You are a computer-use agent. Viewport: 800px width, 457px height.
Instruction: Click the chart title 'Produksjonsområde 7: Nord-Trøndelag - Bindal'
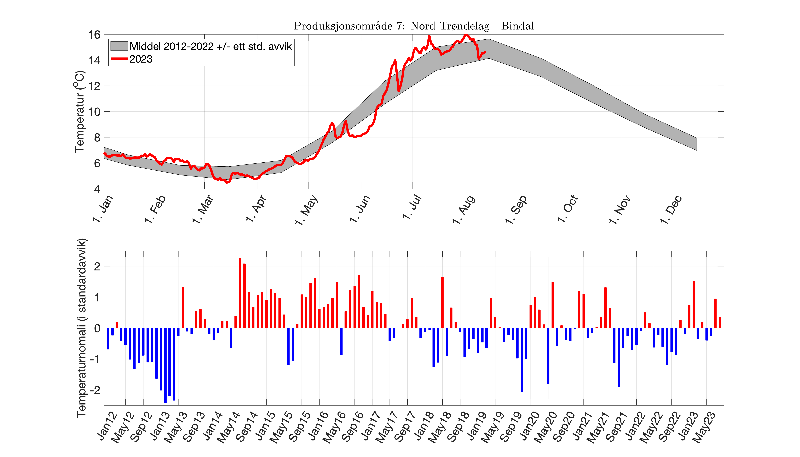[413, 26]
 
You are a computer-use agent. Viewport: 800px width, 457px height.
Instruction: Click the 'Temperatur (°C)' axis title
[80, 111]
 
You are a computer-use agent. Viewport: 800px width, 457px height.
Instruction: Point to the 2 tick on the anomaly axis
[97, 266]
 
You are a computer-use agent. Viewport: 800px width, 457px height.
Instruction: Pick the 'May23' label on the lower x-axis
[704, 427]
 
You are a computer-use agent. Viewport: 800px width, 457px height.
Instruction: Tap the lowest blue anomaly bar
[165, 365]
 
